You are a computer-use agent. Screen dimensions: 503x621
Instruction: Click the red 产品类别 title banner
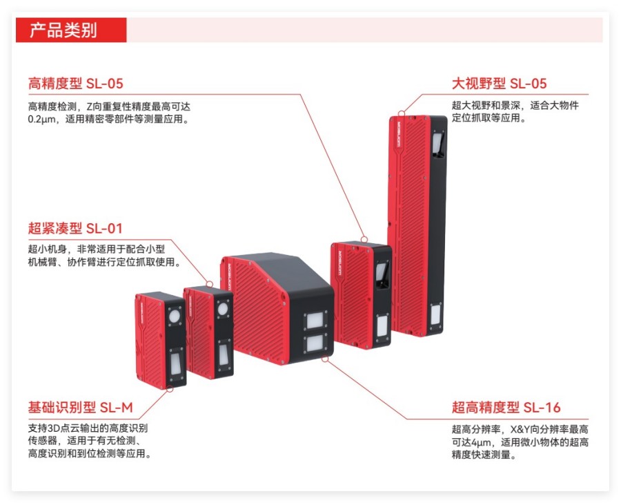point(71,30)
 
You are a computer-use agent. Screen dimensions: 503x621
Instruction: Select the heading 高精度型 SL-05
point(75,84)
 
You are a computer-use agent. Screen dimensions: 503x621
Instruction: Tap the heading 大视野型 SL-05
point(499,84)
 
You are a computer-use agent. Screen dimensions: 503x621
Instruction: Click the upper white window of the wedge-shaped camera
point(316,321)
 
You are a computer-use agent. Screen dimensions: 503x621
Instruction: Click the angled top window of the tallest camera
point(437,146)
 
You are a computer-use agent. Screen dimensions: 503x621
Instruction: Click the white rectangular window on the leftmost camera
point(176,361)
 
